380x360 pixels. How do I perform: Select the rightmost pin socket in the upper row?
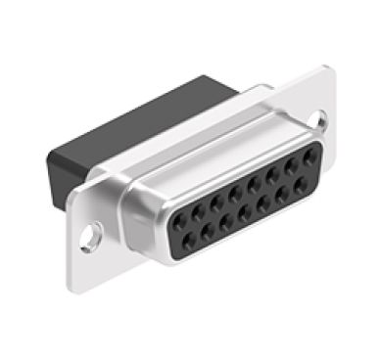[x=309, y=157]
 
